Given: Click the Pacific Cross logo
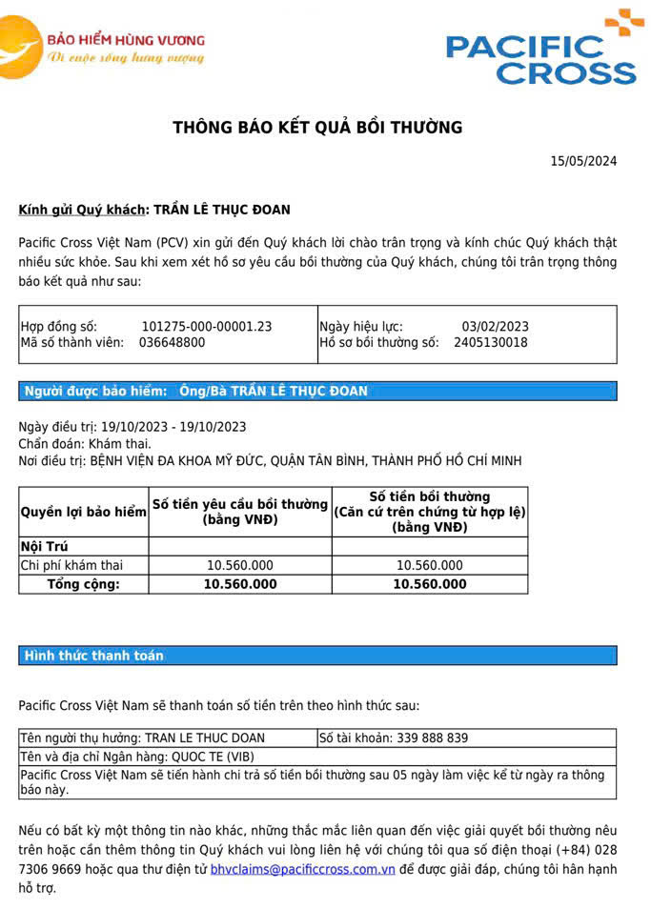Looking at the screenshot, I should [540, 50].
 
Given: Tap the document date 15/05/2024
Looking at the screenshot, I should [583, 161].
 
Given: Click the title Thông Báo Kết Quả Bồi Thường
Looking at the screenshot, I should [317, 127].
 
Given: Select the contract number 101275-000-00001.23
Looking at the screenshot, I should [206, 327].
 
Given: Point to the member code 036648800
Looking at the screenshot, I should [172, 342].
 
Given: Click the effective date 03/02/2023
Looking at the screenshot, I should [495, 327].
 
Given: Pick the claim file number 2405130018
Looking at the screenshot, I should [490, 342].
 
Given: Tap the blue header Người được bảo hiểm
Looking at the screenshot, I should [95, 391].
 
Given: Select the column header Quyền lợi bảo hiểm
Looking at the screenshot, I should [84, 512].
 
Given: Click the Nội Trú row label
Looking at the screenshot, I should [43, 546].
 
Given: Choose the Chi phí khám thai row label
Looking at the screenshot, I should [71, 565].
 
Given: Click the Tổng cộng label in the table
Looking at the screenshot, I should [84, 584].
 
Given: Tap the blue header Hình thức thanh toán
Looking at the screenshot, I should [93, 656].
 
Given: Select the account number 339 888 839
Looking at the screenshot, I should [420, 738].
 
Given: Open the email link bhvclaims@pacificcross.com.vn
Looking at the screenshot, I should [302, 869].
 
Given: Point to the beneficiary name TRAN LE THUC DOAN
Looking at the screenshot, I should [204, 738].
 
